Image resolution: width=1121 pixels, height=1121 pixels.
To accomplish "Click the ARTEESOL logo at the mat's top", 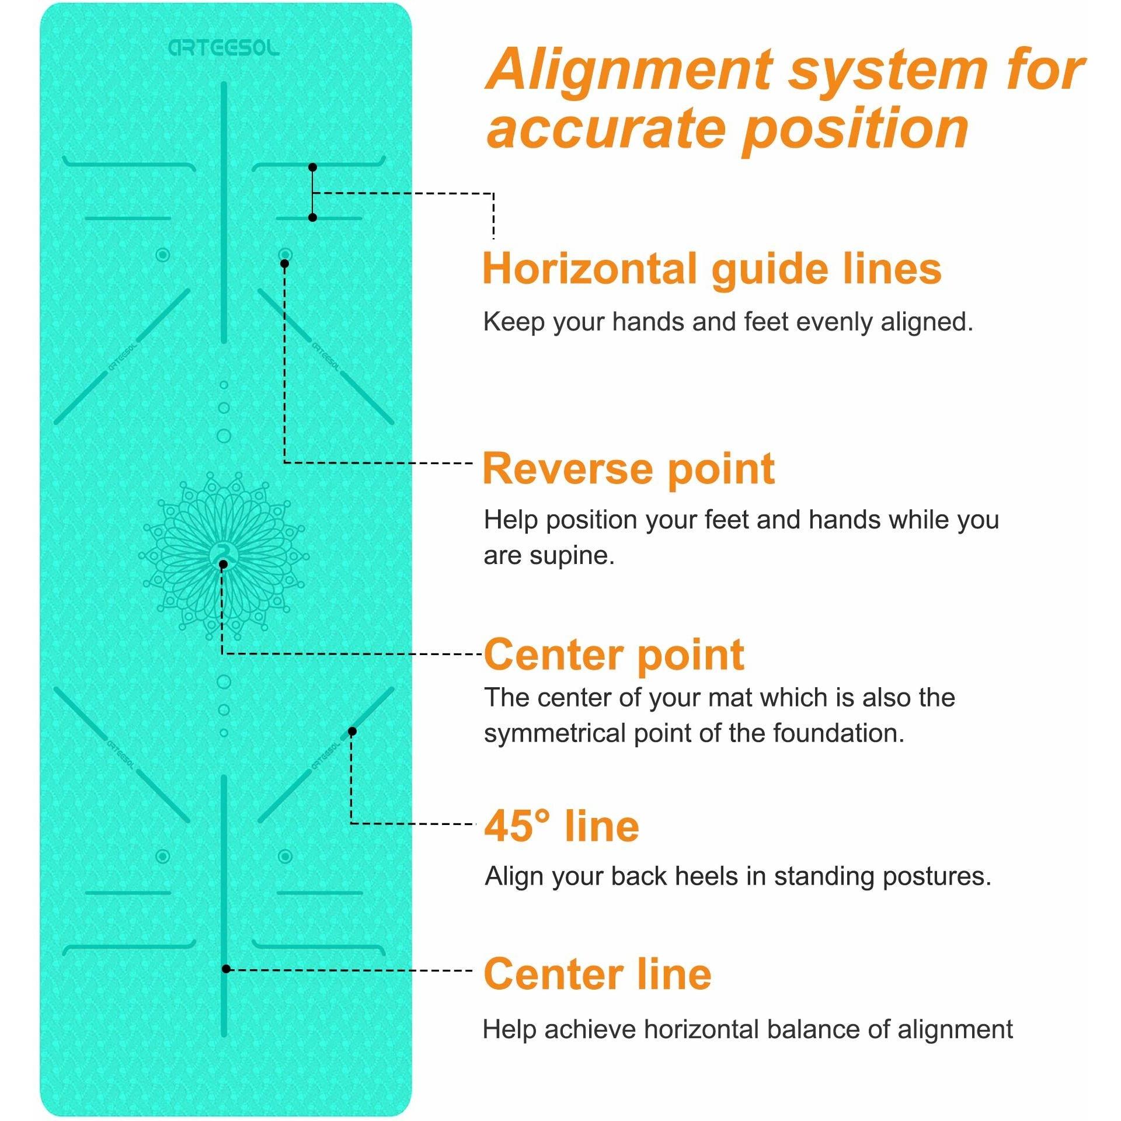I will tap(224, 48).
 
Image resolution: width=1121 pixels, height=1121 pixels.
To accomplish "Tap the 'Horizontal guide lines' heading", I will tap(712, 269).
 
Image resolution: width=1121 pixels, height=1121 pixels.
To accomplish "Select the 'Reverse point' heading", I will tap(629, 469).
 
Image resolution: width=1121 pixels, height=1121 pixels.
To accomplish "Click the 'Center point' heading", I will tap(614, 655).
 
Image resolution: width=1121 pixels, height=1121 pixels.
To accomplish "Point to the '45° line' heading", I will tap(562, 826).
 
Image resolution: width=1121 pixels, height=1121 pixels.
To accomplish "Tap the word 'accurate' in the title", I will tap(605, 128).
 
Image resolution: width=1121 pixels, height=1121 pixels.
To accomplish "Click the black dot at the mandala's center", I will tap(223, 564).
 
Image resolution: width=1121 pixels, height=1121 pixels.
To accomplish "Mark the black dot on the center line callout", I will tap(227, 969).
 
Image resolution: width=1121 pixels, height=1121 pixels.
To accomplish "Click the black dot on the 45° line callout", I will tap(352, 732).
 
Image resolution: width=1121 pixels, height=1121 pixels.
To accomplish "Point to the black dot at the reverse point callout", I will tap(284, 264).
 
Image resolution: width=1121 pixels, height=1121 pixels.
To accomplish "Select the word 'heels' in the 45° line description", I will tap(711, 876).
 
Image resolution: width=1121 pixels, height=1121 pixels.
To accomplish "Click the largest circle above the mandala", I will tap(224, 436).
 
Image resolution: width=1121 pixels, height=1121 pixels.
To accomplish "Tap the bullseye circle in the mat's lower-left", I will tap(163, 857).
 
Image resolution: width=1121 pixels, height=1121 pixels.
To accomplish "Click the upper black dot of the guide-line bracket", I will tap(312, 168).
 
